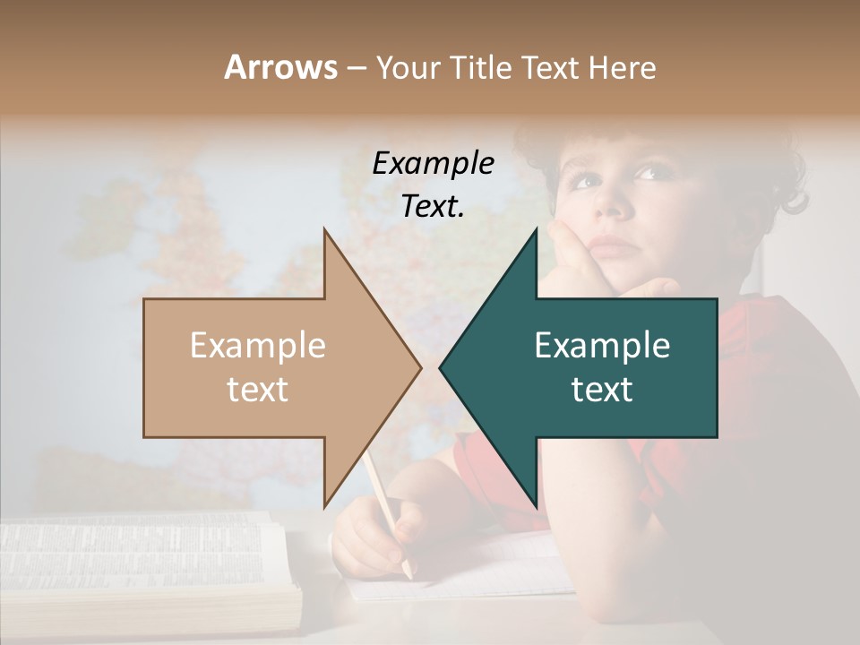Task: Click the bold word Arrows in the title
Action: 281,67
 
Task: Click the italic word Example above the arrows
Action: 433,164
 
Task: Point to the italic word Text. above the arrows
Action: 433,206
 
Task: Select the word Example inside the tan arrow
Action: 258,346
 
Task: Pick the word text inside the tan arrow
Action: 258,389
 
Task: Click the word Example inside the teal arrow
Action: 602,346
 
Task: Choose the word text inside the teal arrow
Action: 602,389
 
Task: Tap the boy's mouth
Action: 613,245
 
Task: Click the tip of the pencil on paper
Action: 408,573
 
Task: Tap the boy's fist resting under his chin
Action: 582,269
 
